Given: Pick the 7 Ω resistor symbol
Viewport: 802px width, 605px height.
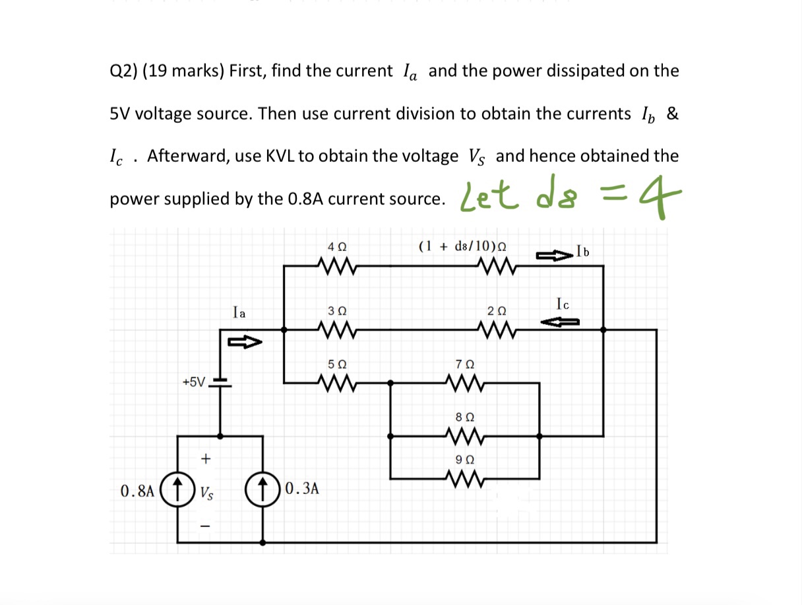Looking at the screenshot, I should (x=466, y=382).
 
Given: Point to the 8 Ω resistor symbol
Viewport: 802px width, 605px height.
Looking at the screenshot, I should (x=466, y=436).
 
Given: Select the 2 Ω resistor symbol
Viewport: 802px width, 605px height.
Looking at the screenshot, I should (x=495, y=328).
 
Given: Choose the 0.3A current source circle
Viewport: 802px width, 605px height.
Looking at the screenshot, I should (x=264, y=490).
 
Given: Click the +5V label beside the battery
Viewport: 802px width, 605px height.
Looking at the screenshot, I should (x=194, y=382).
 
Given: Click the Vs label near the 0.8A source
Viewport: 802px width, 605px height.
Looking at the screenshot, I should (x=206, y=492).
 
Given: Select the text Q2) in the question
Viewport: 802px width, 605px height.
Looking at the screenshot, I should (x=122, y=71).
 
